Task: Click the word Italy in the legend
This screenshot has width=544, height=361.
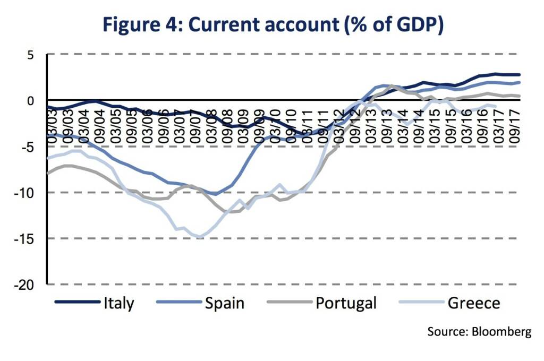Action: coord(119,303)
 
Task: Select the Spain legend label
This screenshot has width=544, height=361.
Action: coord(225,303)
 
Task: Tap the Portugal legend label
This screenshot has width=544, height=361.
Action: coord(346,303)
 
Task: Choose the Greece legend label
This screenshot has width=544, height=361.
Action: coord(474,303)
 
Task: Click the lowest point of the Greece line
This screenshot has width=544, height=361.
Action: coord(200,237)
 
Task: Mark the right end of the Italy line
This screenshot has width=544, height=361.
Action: coord(519,75)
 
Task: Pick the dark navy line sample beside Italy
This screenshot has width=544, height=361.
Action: coord(77,303)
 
